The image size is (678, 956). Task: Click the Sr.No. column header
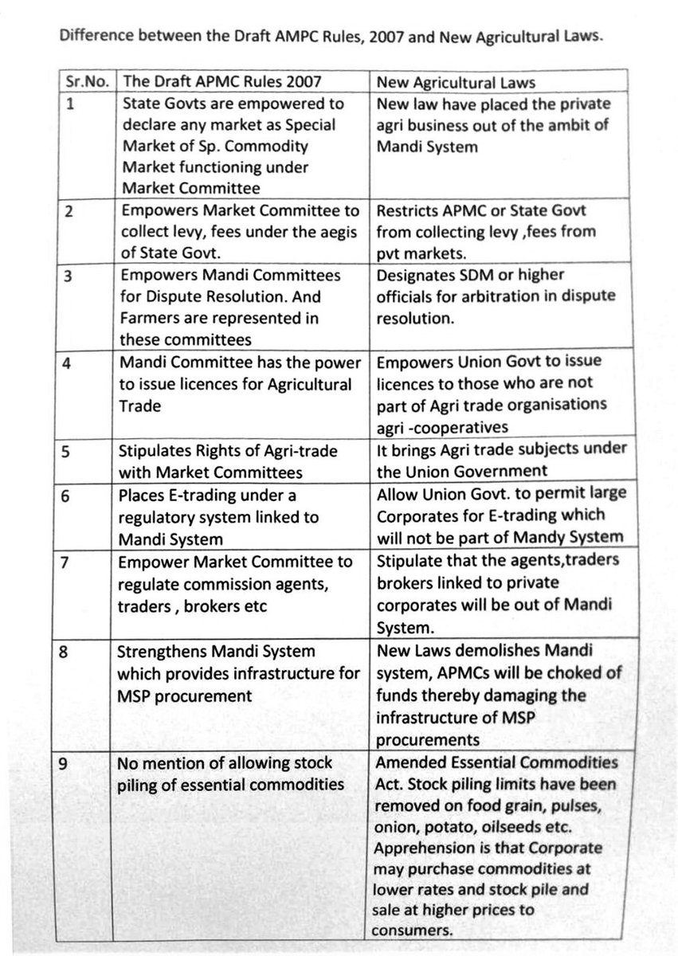click(86, 81)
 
